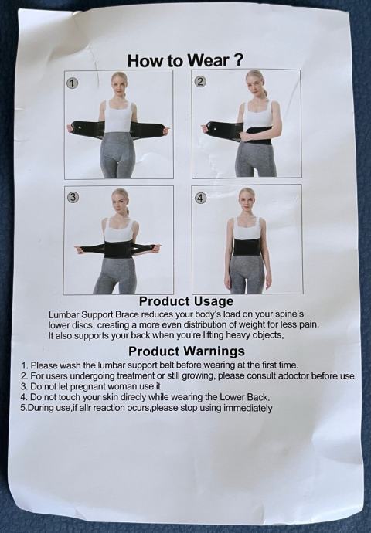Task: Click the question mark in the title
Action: (239, 60)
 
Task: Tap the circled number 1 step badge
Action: (73, 83)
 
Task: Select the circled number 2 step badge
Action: (200, 82)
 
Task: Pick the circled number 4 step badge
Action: (201, 198)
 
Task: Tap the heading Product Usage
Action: (186, 301)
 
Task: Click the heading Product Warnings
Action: (186, 351)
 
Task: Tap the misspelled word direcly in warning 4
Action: (133, 397)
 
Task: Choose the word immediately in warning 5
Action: (247, 408)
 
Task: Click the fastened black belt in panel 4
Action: (247, 247)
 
